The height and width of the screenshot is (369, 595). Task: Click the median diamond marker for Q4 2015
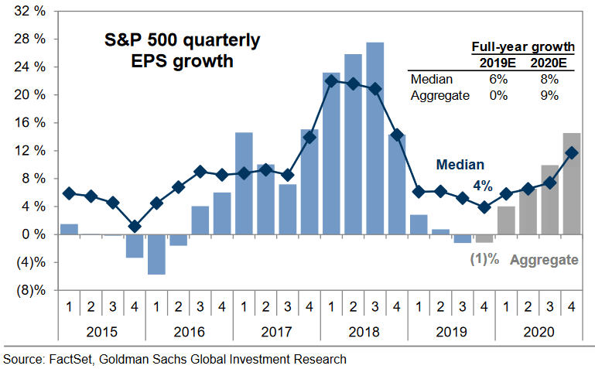135,226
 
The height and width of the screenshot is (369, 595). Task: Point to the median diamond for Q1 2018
331,80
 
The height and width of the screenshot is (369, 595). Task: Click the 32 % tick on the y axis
29,12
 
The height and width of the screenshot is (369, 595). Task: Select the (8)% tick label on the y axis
29,290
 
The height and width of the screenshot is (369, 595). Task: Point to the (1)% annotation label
484,259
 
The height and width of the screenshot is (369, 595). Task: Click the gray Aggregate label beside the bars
543,260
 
